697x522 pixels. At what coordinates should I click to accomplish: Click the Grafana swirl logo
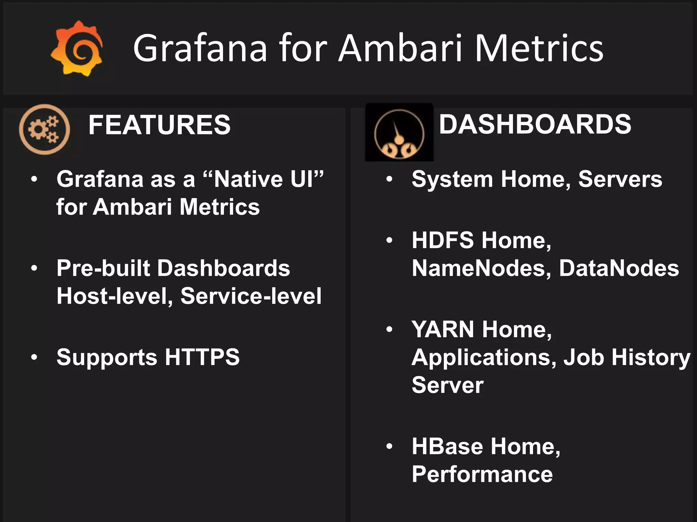[77, 49]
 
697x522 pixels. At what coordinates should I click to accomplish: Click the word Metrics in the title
[538, 48]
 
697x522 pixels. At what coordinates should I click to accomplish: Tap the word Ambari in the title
[401, 48]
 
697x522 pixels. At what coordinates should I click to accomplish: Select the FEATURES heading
[159, 125]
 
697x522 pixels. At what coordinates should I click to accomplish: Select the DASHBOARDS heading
[535, 124]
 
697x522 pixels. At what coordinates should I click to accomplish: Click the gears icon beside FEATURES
[45, 129]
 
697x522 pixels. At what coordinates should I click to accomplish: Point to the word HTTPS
[202, 357]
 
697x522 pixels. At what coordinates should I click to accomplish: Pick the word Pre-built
[103, 268]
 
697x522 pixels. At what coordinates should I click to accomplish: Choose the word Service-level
[251, 296]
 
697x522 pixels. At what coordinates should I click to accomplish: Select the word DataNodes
[619, 268]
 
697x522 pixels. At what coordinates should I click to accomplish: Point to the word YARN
[443, 329]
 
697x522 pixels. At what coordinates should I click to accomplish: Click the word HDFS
[443, 240]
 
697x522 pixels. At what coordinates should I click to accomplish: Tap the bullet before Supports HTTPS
[34, 358]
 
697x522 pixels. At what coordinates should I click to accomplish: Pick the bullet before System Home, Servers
[389, 179]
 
